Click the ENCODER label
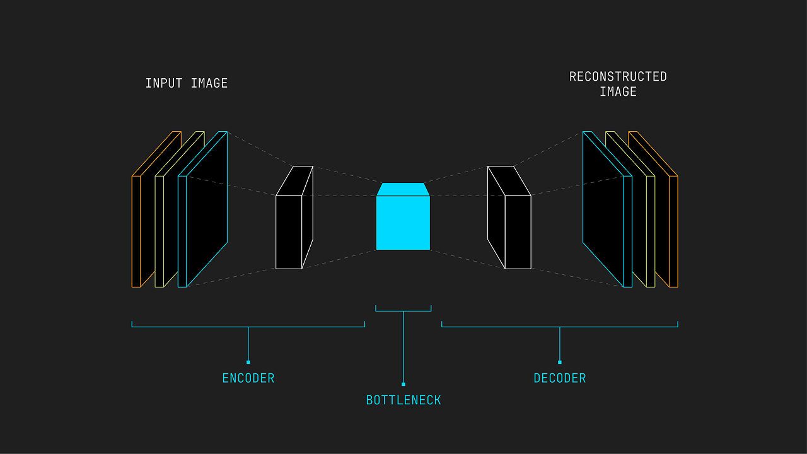(x=248, y=378)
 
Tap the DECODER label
(x=560, y=378)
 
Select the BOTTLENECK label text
(x=403, y=400)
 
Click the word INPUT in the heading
(x=163, y=83)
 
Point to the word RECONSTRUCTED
(x=618, y=76)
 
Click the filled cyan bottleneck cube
(x=403, y=223)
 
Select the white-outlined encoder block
(x=289, y=231)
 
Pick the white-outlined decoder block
(x=517, y=231)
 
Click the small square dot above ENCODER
(x=248, y=362)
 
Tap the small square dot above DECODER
(x=560, y=362)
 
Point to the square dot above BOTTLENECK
(x=403, y=384)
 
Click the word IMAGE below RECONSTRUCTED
(x=618, y=92)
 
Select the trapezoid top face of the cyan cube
(x=403, y=189)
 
